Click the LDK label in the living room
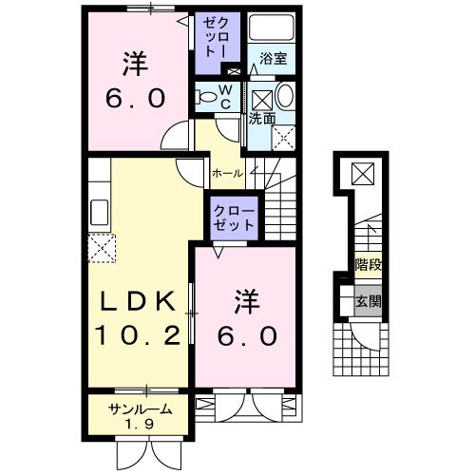tap(139, 302)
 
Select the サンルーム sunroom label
tap(140, 408)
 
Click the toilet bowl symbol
tap(205, 95)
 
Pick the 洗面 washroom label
tap(262, 120)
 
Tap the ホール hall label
tap(226, 173)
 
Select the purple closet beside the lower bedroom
tap(233, 218)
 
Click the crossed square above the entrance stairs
tap(363, 175)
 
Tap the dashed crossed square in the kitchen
tap(103, 249)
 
